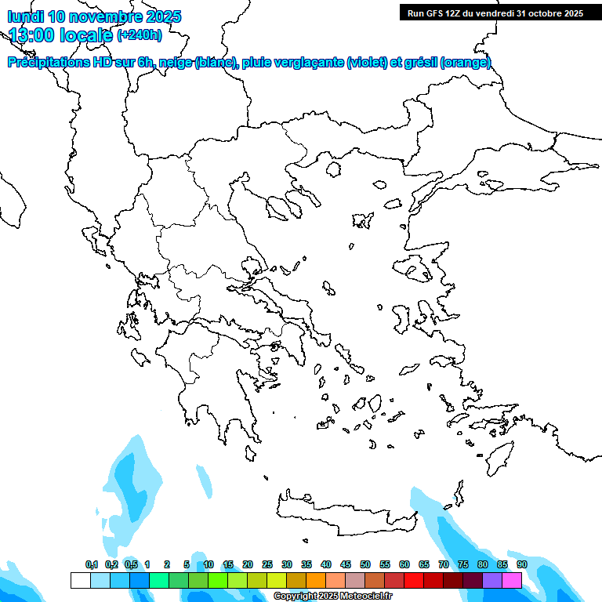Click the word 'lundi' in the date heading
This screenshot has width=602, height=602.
(25, 16)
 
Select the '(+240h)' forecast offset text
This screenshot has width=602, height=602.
(140, 34)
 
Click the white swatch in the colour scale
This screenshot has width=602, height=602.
(80, 581)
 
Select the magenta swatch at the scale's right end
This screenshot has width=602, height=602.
(512, 581)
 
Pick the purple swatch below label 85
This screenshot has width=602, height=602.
(492, 581)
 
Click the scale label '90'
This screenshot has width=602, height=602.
(522, 564)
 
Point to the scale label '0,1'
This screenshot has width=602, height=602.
(92, 564)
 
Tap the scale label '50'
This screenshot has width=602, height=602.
(365, 564)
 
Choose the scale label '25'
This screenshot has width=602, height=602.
(267, 564)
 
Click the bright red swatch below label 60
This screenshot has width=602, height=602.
(414, 581)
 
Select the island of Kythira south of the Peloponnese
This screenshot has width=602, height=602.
(251, 454)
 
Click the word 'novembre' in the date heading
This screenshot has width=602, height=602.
(109, 16)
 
